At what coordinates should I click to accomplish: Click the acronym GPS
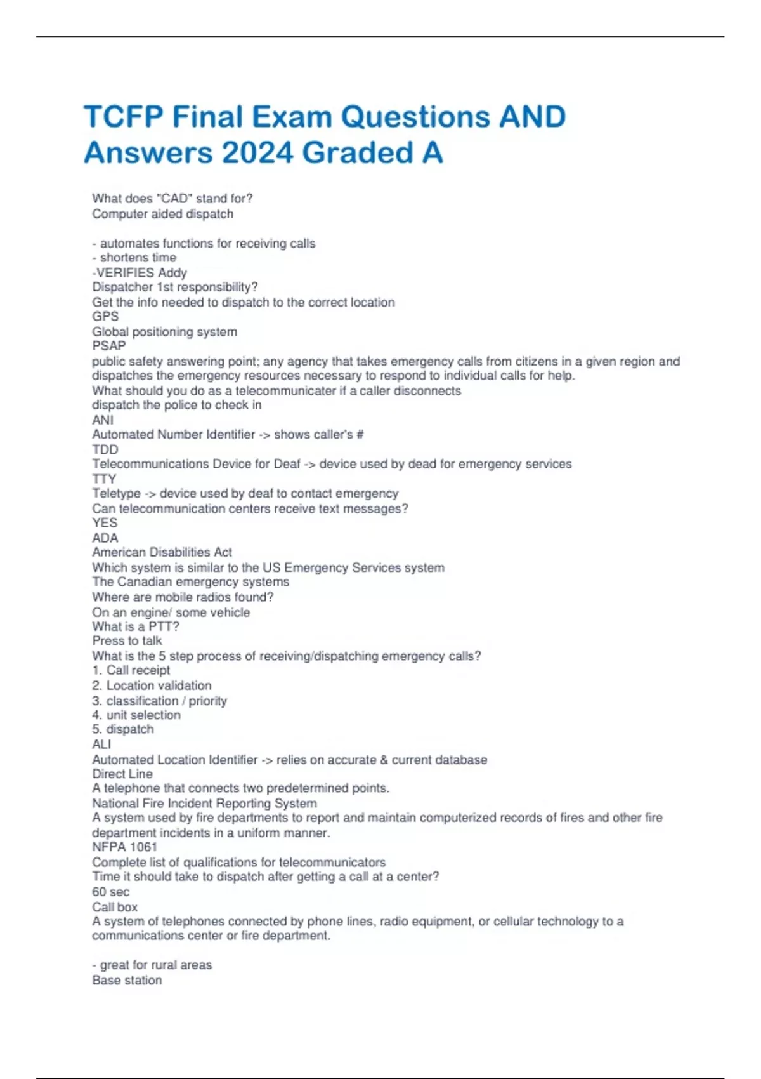pyautogui.click(x=105, y=316)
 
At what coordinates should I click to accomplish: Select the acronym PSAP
pyautogui.click(x=109, y=346)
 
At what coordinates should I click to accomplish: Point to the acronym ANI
pyautogui.click(x=103, y=420)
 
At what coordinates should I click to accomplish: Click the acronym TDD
pyautogui.click(x=105, y=449)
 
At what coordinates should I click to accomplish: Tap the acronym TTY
pyautogui.click(x=104, y=479)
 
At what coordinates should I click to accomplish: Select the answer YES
pyautogui.click(x=105, y=522)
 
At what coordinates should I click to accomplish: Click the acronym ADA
pyautogui.click(x=105, y=538)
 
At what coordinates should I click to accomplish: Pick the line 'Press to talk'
pyautogui.click(x=127, y=640)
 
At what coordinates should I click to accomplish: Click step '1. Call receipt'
pyautogui.click(x=131, y=670)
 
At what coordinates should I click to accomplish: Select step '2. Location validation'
pyautogui.click(x=152, y=685)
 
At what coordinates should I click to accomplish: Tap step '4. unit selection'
pyautogui.click(x=136, y=715)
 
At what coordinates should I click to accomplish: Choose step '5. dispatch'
pyautogui.click(x=123, y=729)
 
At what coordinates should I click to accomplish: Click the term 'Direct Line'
pyautogui.click(x=122, y=774)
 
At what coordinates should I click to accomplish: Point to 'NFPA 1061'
pyautogui.click(x=124, y=847)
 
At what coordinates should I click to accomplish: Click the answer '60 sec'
pyautogui.click(x=110, y=892)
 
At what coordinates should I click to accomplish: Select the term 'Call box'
pyautogui.click(x=115, y=907)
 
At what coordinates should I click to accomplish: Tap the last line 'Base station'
pyautogui.click(x=127, y=980)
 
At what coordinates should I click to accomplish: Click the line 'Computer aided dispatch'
pyautogui.click(x=162, y=214)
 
